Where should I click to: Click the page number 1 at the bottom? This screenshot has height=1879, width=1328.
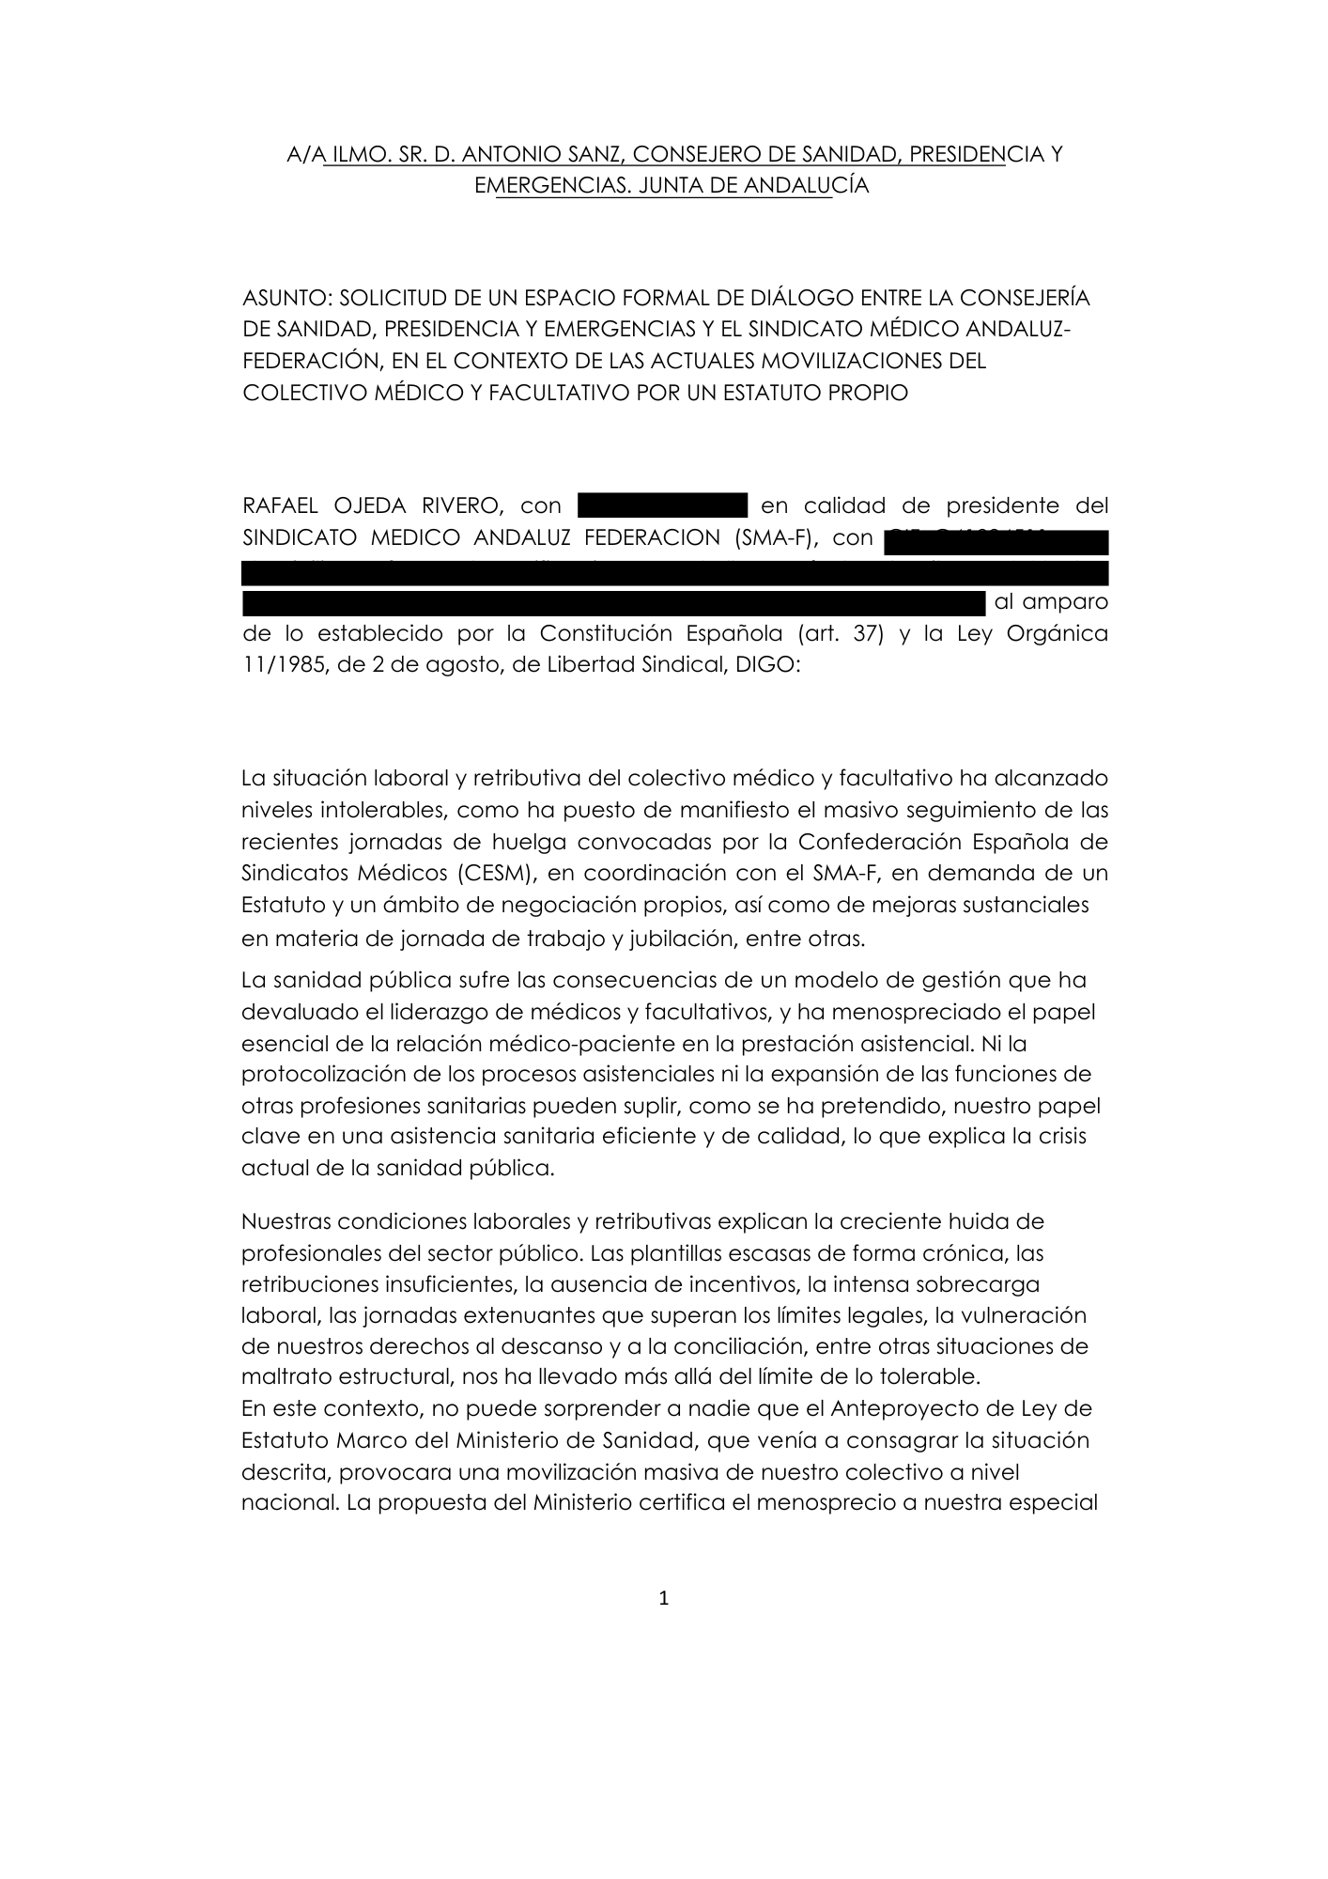click(x=664, y=1598)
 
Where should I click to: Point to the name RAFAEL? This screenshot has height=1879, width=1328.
click(x=280, y=505)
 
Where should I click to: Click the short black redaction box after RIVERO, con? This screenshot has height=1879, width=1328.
click(x=662, y=505)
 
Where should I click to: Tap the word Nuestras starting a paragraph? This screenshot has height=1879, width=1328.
click(x=286, y=1221)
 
